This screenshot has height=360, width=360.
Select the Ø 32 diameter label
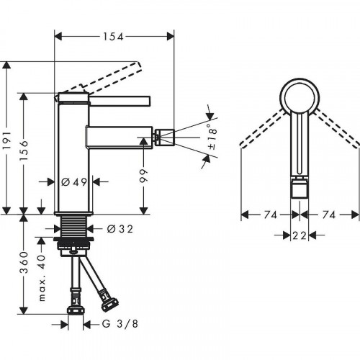(120, 230)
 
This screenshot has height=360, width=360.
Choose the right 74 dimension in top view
(329, 214)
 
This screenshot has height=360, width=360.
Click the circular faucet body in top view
(297, 94)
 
